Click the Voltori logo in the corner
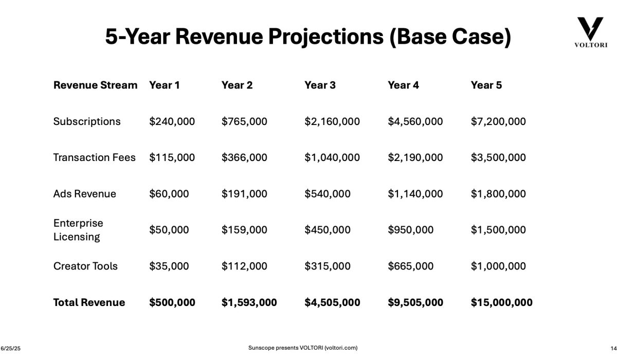590,32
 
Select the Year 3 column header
320,85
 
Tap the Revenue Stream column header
95,85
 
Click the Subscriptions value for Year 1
172,122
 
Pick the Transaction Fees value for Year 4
415,158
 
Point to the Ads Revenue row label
84,194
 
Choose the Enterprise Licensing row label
78,230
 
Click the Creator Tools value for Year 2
244,266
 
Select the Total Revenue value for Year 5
501,302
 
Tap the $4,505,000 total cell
332,302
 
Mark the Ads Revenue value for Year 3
328,194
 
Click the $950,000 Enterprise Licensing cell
410,230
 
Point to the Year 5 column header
486,85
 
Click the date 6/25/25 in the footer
10,349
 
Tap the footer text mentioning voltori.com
303,348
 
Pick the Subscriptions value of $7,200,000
498,122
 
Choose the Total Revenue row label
89,302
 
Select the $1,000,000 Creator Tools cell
498,266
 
